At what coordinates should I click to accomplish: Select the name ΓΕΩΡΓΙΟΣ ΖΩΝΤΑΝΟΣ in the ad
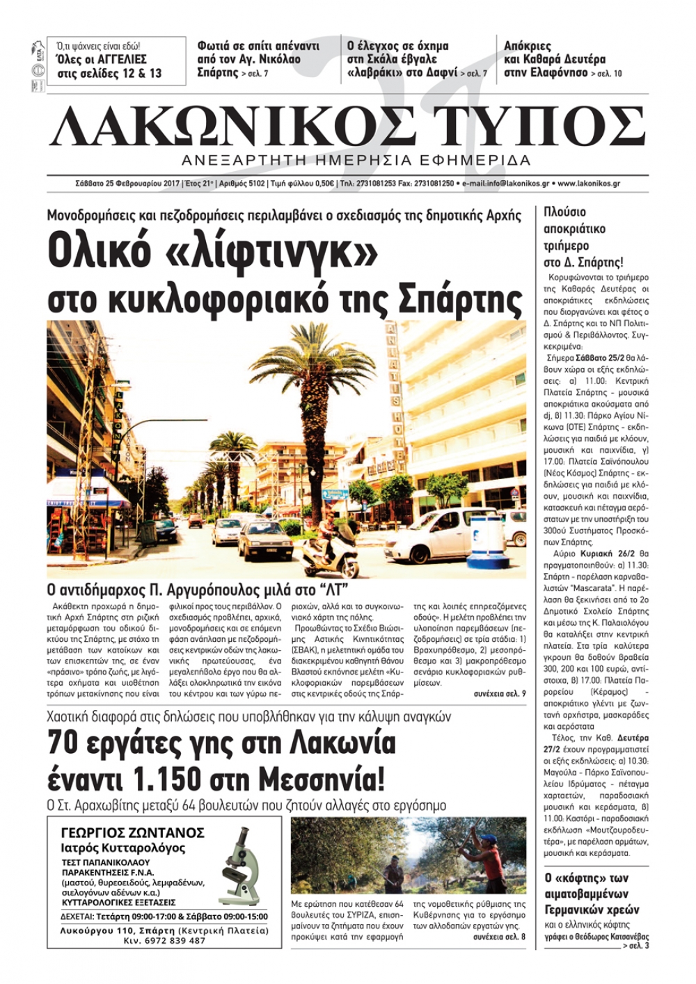click(x=133, y=833)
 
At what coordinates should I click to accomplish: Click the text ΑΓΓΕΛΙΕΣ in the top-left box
click(x=122, y=60)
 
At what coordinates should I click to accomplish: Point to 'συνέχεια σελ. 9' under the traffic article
click(x=500, y=694)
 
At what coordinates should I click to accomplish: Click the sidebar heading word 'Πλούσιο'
click(x=564, y=212)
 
